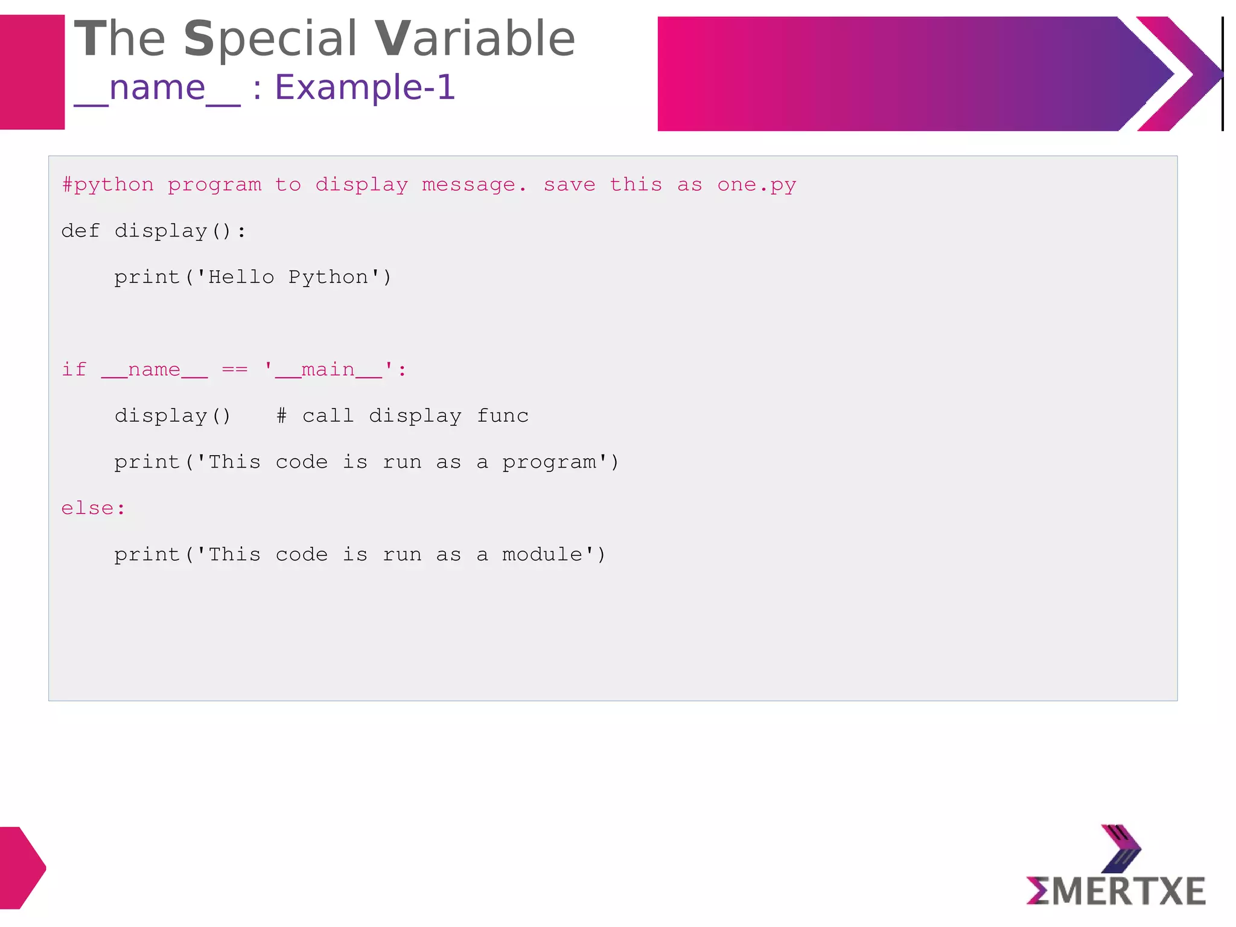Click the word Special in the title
(270, 39)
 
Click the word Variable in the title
(475, 39)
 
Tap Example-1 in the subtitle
(365, 88)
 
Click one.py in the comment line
(757, 185)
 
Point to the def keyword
(80, 231)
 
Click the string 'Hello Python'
(288, 278)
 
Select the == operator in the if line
(235, 369)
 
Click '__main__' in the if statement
(329, 369)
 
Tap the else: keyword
(93, 508)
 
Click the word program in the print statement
(549, 462)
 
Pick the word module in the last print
(543, 555)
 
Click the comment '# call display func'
(403, 416)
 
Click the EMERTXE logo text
(1116, 891)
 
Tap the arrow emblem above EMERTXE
(1121, 849)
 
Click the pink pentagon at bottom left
(21, 867)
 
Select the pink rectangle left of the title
(32, 72)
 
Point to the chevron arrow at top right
(1180, 74)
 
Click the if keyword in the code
(74, 369)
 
